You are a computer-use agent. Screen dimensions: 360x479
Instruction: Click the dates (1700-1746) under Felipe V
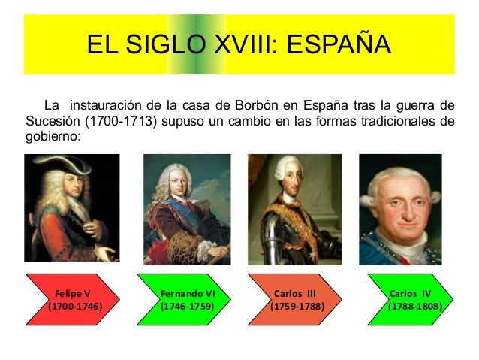74,307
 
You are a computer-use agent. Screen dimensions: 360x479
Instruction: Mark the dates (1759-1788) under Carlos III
297,307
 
